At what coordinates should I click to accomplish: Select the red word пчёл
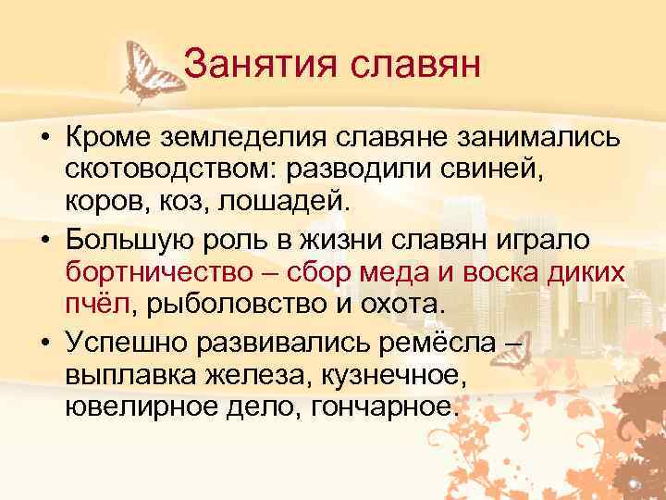pos(98,304)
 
